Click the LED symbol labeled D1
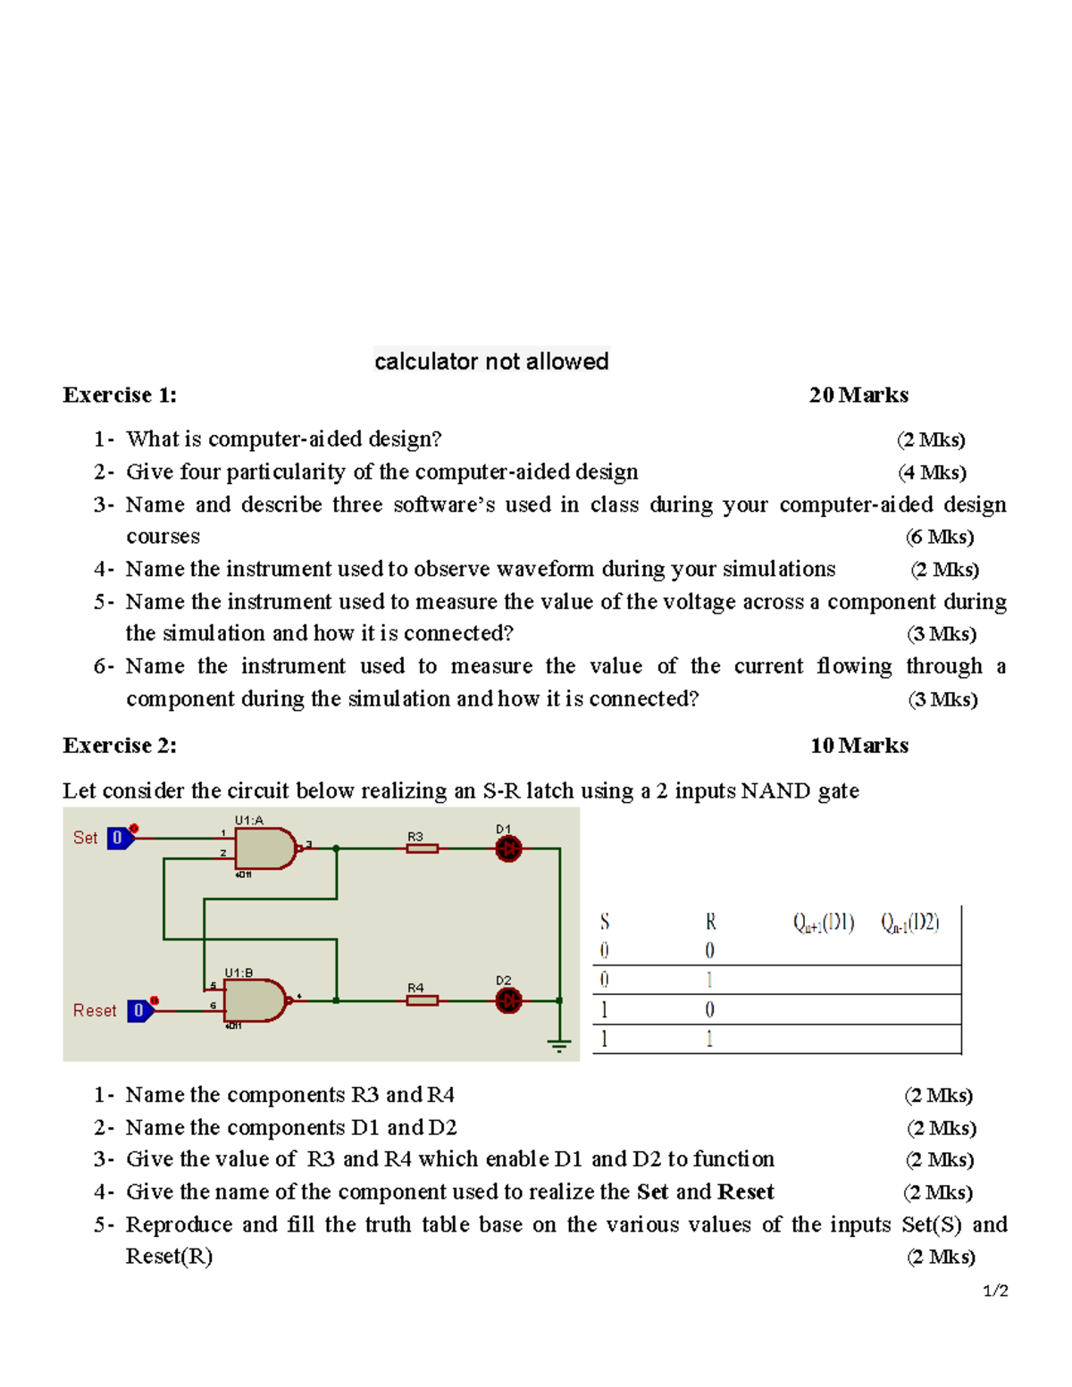tap(508, 848)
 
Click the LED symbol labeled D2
tap(508, 1000)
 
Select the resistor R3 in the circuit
tap(422, 848)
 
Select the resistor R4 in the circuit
tap(422, 1000)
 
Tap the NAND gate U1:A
tap(264, 848)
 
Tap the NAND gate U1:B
tap(255, 1000)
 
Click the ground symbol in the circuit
tap(559, 1044)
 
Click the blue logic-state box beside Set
tap(118, 838)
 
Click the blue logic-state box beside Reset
tap(139, 1010)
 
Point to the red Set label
tap(85, 838)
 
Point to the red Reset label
tap(95, 1010)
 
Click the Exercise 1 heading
tap(120, 395)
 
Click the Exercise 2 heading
tap(120, 746)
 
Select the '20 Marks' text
tap(858, 395)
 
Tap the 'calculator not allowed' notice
tap(491, 361)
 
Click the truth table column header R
tap(710, 922)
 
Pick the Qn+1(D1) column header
tap(824, 923)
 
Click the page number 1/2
tap(995, 1291)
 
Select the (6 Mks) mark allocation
tap(940, 537)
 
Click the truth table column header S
tap(605, 922)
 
